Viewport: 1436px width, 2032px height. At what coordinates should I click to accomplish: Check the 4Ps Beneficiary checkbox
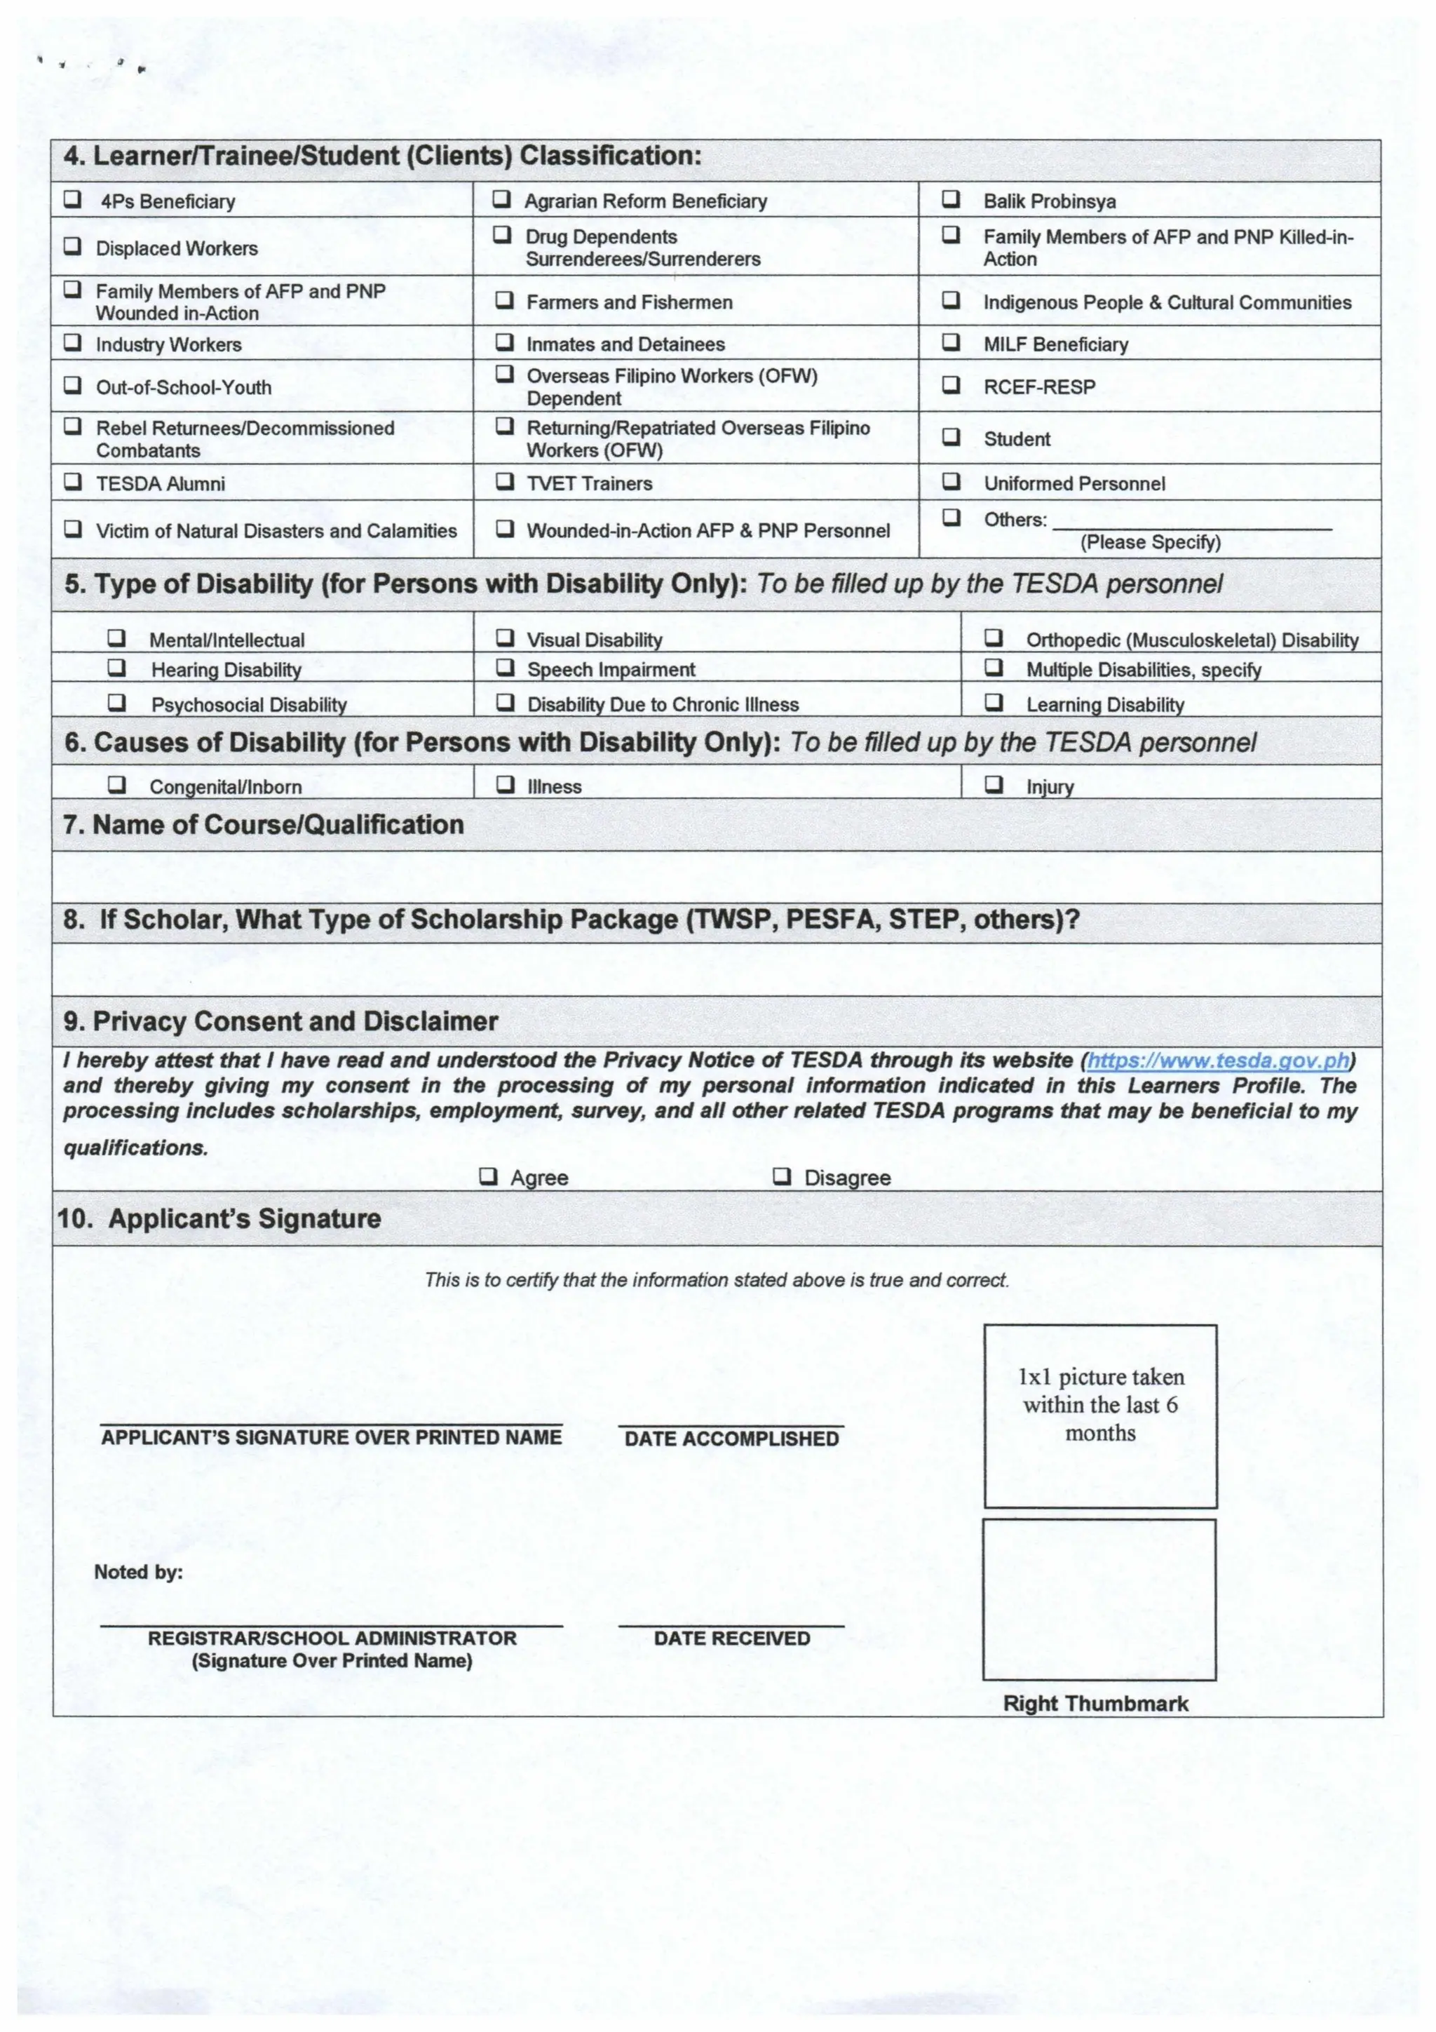pyautogui.click(x=72, y=199)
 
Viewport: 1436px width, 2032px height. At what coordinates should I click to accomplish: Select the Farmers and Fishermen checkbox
pyautogui.click(x=503, y=301)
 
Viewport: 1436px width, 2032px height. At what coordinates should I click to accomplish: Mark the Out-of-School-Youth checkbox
pyautogui.click(x=72, y=386)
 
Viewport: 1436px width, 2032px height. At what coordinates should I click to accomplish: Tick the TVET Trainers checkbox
pyautogui.click(x=504, y=483)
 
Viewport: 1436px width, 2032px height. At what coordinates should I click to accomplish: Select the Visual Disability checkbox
pyautogui.click(x=504, y=638)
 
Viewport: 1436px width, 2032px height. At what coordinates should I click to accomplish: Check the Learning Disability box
pyautogui.click(x=994, y=703)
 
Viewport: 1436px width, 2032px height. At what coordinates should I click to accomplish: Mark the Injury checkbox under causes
pyautogui.click(x=994, y=785)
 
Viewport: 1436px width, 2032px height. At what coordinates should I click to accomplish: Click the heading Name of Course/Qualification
pyautogui.click(x=263, y=825)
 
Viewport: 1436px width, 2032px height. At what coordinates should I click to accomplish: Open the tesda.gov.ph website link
pyautogui.click(x=1217, y=1061)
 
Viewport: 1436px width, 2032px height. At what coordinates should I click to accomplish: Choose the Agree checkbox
pyautogui.click(x=487, y=1177)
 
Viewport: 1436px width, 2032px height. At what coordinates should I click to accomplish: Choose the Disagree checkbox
pyautogui.click(x=781, y=1177)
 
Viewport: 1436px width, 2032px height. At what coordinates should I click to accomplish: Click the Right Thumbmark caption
pyautogui.click(x=1095, y=1704)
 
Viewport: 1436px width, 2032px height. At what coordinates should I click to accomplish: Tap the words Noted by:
pyautogui.click(x=138, y=1572)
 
